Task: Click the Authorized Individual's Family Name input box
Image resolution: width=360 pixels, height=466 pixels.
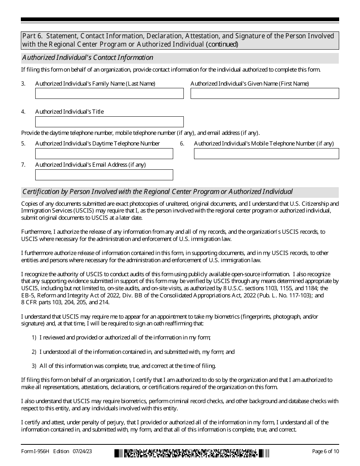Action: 109,94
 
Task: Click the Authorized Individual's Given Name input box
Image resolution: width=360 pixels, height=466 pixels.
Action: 265,94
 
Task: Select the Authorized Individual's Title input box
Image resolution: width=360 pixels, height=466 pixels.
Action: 109,122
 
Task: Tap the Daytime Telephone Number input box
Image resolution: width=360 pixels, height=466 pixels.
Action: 104,153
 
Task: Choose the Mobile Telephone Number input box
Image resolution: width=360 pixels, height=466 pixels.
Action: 266,153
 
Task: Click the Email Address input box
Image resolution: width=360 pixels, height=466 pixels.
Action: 104,175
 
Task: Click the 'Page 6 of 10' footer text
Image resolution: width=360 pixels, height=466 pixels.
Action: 325,451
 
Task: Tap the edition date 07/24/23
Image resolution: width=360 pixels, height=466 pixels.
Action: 84,451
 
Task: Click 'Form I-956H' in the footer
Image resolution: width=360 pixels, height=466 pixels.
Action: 36,451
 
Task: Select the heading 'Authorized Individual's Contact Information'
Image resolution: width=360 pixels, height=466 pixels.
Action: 88,58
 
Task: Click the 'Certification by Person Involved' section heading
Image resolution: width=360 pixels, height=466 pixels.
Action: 157,192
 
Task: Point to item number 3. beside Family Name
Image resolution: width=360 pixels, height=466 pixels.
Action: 23,84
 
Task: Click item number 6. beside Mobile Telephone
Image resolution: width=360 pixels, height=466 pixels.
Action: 182,144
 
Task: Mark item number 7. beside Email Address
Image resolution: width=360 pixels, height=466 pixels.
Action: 23,165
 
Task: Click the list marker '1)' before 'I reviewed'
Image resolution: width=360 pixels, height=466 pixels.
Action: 34,338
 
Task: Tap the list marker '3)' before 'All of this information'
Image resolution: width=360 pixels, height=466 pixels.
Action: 34,366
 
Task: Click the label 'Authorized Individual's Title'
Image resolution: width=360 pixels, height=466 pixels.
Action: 69,112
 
